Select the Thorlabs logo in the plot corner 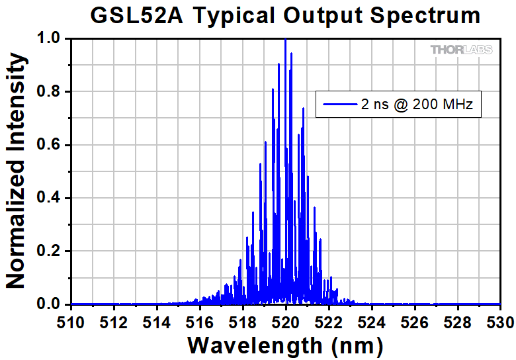point(462,50)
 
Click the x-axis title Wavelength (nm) point(285,344)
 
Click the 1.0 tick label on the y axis point(50,39)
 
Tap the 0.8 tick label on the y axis point(50,92)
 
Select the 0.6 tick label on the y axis point(50,145)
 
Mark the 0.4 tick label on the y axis point(50,198)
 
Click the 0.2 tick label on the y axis point(50,251)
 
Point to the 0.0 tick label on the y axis point(50,304)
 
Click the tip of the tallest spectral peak point(285,40)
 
